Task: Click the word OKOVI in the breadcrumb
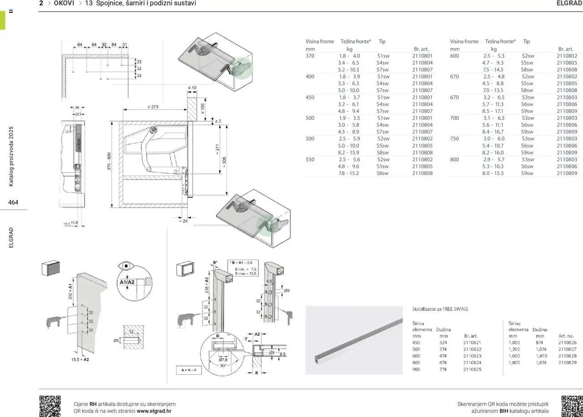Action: coord(64,3)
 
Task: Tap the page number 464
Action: coord(13,202)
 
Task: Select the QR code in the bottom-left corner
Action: coord(50,406)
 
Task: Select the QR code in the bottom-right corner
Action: coord(572,406)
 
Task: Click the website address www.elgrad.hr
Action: coord(154,411)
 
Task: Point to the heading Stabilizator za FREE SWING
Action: coord(440,309)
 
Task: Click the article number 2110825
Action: coord(472,370)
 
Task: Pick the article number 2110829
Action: coord(567,363)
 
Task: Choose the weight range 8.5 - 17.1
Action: coord(493,111)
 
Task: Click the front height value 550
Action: coord(310,160)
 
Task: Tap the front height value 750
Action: coord(455,139)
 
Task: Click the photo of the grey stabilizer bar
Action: coord(354,340)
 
